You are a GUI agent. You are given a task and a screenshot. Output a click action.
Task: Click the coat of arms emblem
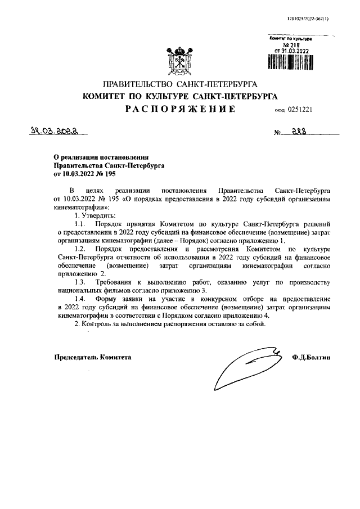(x=179, y=58)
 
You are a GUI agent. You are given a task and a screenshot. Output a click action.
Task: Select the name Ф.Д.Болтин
(x=312, y=357)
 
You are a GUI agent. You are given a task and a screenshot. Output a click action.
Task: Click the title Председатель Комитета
(x=93, y=357)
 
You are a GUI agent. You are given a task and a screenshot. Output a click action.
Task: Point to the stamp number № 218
(x=290, y=44)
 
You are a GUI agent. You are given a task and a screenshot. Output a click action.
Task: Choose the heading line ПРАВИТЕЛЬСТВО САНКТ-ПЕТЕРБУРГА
(x=180, y=84)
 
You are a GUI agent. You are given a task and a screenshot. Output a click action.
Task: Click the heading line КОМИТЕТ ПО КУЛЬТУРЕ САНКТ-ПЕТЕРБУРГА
(x=180, y=96)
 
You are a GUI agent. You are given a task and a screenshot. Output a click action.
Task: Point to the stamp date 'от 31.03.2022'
(x=291, y=51)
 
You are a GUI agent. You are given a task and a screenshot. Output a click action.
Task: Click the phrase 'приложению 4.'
(x=246, y=317)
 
